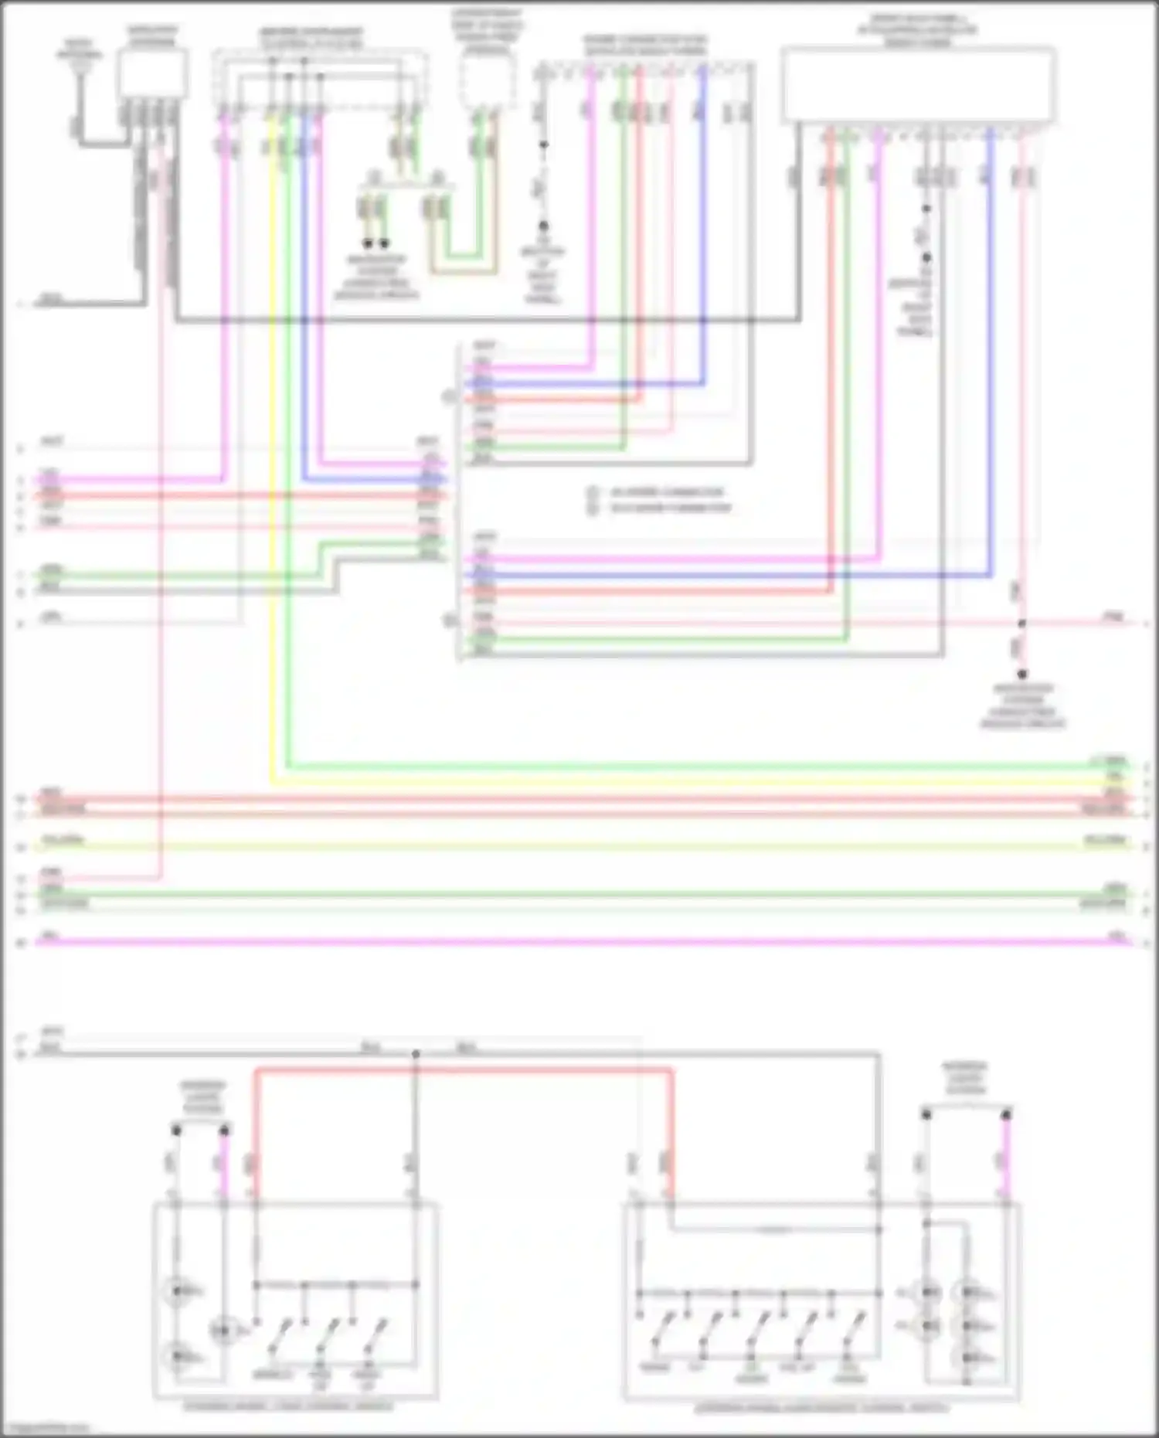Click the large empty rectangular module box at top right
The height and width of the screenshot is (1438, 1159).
pyautogui.click(x=918, y=83)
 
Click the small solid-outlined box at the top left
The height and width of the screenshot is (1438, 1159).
pyautogui.click(x=152, y=73)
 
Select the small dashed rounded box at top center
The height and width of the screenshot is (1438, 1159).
pyautogui.click(x=486, y=81)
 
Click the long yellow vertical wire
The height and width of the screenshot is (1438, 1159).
pyautogui.click(x=272, y=464)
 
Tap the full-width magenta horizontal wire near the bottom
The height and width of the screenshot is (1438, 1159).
pyautogui.click(x=579, y=942)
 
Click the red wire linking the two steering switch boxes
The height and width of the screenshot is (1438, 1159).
pyautogui.click(x=464, y=1070)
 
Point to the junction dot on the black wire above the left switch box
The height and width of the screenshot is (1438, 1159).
pyautogui.click(x=416, y=1054)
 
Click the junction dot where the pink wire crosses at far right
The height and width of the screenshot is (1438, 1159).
pyautogui.click(x=1021, y=623)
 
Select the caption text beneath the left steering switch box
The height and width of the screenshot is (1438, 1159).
pyautogui.click(x=287, y=1406)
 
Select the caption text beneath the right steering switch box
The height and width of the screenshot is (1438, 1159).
pyautogui.click(x=821, y=1409)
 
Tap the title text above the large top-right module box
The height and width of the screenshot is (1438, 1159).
pyautogui.click(x=917, y=29)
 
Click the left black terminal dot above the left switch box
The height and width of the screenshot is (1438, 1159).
pyautogui.click(x=176, y=1130)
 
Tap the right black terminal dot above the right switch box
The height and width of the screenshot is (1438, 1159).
pyautogui.click(x=1006, y=1115)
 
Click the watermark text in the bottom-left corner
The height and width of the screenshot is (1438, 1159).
pyautogui.click(x=45, y=1429)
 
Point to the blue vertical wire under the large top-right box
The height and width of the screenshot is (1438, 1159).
pyautogui.click(x=991, y=348)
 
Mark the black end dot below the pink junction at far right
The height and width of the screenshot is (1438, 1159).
pyautogui.click(x=1021, y=674)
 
